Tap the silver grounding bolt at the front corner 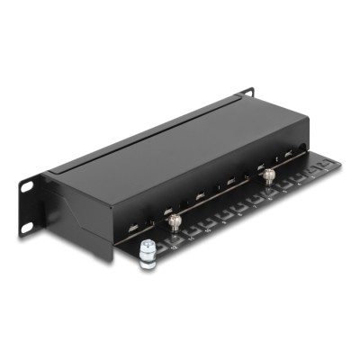pyautogui.click(x=148, y=258)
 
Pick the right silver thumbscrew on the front pyautogui.click(x=266, y=176)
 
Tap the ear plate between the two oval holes pyautogui.click(x=28, y=206)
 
